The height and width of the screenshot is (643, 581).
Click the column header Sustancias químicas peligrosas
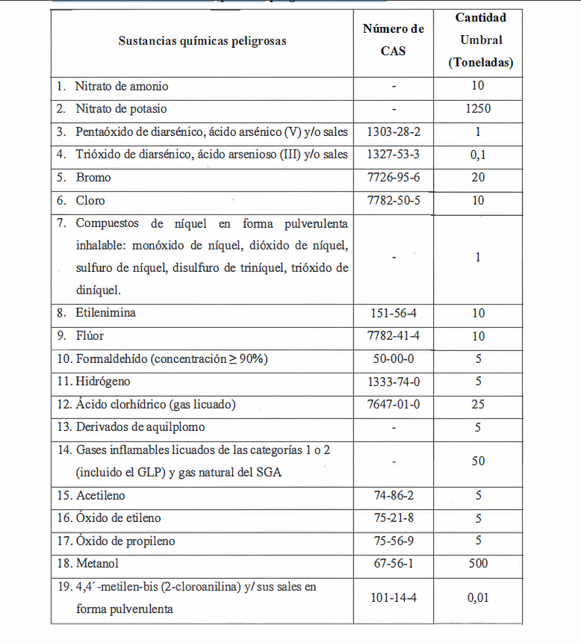pyautogui.click(x=202, y=41)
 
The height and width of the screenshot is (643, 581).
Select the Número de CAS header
pyautogui.click(x=394, y=40)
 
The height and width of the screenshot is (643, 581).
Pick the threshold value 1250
pyautogui.click(x=478, y=109)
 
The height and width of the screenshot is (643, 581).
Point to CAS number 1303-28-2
pyautogui.click(x=394, y=132)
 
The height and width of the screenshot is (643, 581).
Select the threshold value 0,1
pyautogui.click(x=478, y=155)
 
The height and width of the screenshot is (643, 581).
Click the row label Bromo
pyautogui.click(x=93, y=178)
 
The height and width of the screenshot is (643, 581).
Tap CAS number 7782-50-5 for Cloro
pyautogui.click(x=394, y=200)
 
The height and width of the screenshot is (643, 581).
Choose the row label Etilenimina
pyautogui.click(x=105, y=313)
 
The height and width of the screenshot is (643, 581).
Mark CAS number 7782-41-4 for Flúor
pyautogui.click(x=394, y=336)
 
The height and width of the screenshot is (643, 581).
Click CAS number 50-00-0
pyautogui.click(x=394, y=359)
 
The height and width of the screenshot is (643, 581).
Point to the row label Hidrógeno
pyautogui.click(x=105, y=382)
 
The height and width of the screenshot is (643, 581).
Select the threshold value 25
pyautogui.click(x=478, y=405)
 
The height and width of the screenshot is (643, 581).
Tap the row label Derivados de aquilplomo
pyautogui.click(x=140, y=427)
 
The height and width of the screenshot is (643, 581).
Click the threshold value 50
pyautogui.click(x=478, y=462)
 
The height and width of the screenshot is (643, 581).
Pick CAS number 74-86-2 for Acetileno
pyautogui.click(x=394, y=495)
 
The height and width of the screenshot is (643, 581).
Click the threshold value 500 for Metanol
pyautogui.click(x=478, y=564)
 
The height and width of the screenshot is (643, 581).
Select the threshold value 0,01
pyautogui.click(x=478, y=597)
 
